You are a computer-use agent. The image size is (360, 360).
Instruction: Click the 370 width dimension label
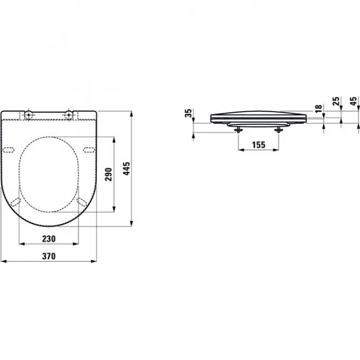click(x=48, y=255)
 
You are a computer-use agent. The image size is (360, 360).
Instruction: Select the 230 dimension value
click(x=48, y=238)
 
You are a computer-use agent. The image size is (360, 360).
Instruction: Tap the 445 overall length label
click(x=126, y=168)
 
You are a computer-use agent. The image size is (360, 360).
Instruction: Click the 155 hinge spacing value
click(x=258, y=144)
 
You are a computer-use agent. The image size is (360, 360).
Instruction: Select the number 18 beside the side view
click(x=318, y=108)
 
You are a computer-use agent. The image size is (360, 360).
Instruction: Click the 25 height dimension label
click(x=335, y=102)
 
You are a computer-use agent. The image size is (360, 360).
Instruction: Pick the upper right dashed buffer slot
click(x=88, y=148)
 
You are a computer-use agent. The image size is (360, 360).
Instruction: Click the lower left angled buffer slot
click(x=16, y=201)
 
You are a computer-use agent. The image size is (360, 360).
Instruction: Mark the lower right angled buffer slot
click(x=82, y=201)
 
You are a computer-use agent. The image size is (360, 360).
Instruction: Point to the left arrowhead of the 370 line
click(x=3, y=260)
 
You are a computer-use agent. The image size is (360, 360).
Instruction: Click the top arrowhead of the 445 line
click(x=131, y=112)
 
